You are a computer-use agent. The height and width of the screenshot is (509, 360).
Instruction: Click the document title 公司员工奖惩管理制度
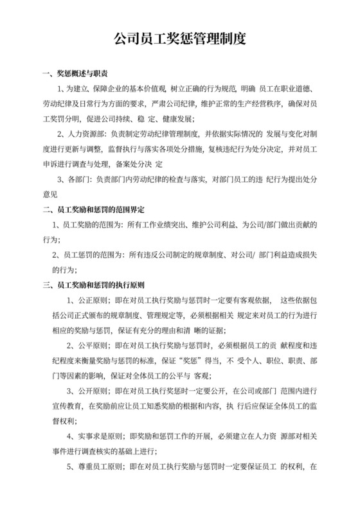[x=179, y=40]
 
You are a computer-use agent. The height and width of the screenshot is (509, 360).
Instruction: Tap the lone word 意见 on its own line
[x=50, y=194]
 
